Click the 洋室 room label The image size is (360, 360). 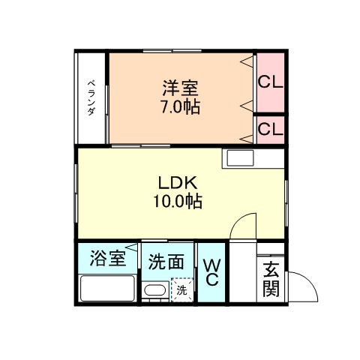180,86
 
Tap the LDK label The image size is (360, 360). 180,182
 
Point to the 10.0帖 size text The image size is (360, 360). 180,201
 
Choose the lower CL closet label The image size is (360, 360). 270,129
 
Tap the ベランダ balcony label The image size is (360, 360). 91,97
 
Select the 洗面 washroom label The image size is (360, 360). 166,262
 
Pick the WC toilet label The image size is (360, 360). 211,271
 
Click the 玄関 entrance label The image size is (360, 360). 271,279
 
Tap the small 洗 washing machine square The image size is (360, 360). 181,289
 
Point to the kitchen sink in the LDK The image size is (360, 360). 241,159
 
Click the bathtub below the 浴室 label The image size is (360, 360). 107,289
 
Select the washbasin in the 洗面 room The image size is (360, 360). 154,291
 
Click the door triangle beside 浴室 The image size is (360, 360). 133,246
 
